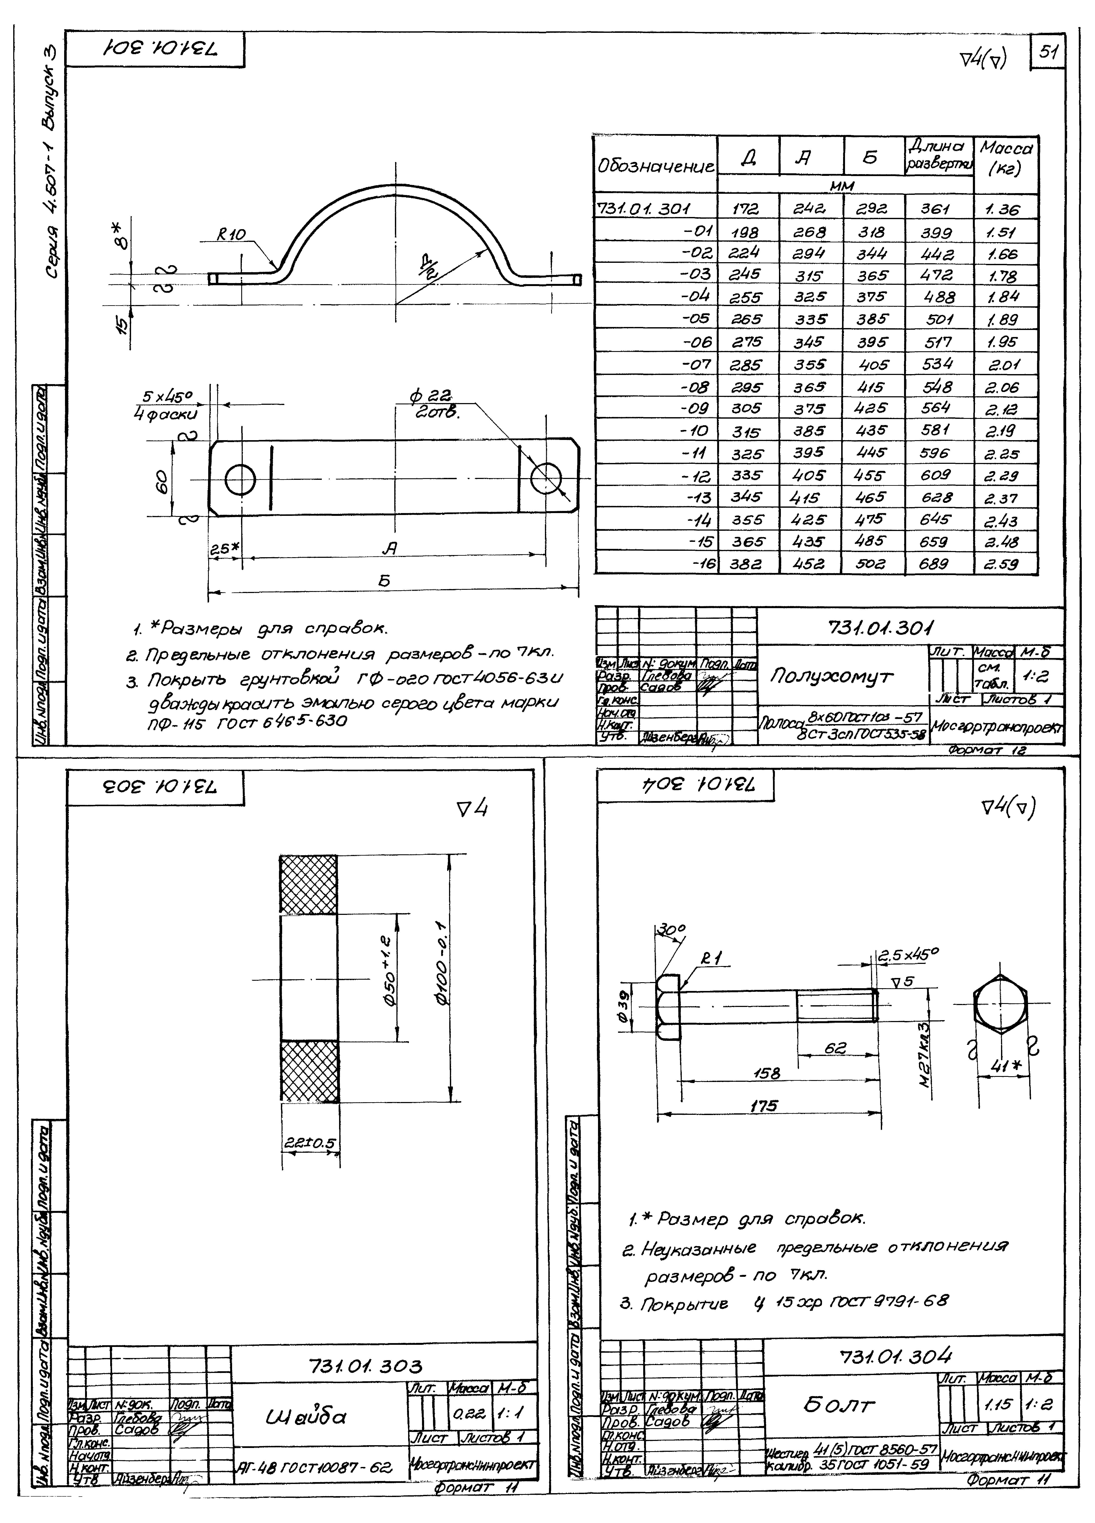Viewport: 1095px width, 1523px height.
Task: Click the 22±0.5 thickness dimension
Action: [x=309, y=1142]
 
